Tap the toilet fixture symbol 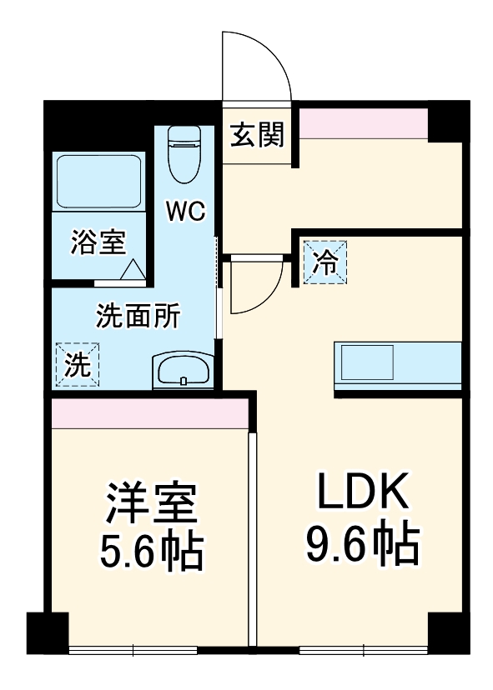(184, 154)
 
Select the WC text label (186, 211)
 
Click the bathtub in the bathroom (99, 182)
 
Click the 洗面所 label (138, 316)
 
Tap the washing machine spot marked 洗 (78, 365)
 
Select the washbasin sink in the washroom (183, 371)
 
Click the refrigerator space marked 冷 (325, 262)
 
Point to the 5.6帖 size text (152, 552)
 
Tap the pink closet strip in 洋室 (149, 413)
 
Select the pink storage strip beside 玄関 (364, 122)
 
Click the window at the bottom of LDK (364, 649)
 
